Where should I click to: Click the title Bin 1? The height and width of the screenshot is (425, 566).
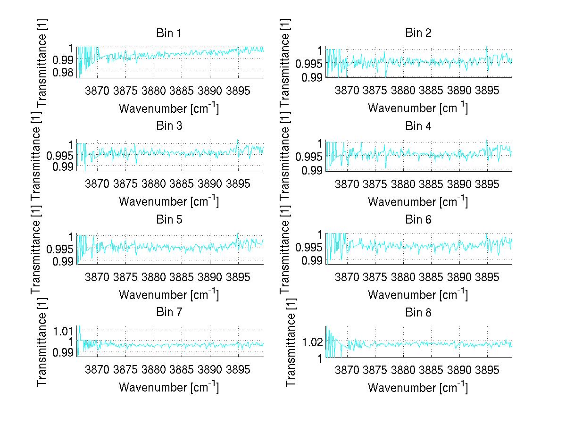click(x=169, y=33)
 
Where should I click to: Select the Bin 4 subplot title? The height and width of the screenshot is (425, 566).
click(x=418, y=126)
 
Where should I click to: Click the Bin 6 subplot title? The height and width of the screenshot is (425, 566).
click(x=418, y=219)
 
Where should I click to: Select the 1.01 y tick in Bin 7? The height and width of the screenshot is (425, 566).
click(x=64, y=329)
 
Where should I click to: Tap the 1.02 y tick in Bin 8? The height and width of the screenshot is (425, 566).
click(x=313, y=342)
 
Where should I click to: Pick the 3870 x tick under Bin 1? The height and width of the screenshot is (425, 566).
click(x=97, y=90)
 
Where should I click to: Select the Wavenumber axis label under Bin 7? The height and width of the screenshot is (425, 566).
click(x=169, y=387)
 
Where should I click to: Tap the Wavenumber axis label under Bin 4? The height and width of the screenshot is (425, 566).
click(x=418, y=201)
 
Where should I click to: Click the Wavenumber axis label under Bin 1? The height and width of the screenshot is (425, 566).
click(x=169, y=108)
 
